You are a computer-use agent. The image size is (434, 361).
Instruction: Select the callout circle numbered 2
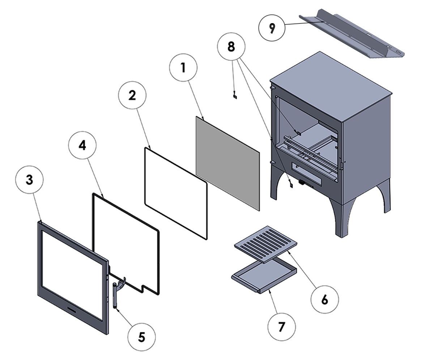(132, 96)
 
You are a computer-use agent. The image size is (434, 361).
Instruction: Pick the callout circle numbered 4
(82, 145)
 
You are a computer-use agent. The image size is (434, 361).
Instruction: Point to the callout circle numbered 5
(141, 337)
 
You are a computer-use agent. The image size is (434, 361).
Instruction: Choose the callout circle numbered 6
(324, 299)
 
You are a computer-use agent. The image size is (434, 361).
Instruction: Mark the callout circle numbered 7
(281, 327)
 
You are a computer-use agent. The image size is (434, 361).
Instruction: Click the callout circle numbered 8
(231, 47)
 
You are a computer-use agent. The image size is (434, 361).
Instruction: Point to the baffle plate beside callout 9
(354, 36)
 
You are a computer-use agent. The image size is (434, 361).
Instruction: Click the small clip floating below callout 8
(235, 96)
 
